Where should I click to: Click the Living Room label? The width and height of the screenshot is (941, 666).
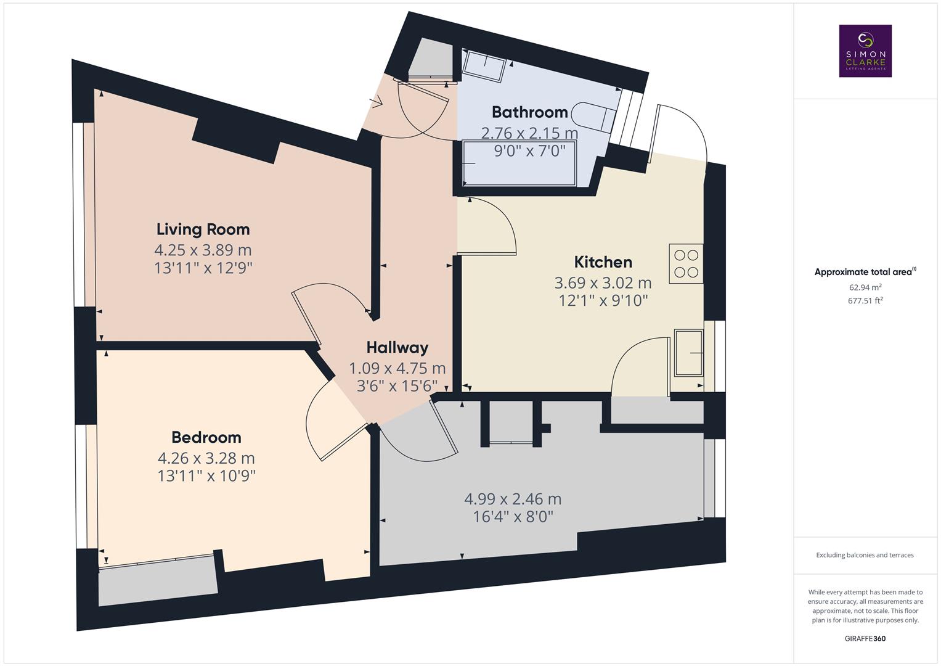tap(203, 229)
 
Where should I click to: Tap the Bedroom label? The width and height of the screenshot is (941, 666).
tap(206, 437)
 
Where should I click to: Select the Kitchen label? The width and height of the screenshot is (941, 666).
tap(603, 262)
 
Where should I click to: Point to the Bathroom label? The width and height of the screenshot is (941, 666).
tap(529, 112)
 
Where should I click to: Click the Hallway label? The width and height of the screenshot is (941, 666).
tap(397, 348)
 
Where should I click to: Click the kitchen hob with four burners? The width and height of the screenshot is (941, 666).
tap(686, 263)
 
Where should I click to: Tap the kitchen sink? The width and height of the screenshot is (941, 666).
tap(689, 353)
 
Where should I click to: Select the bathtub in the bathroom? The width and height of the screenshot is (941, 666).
tap(519, 163)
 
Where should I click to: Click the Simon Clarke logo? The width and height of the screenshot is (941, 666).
tap(865, 51)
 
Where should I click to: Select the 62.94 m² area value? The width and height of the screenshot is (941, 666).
tap(865, 287)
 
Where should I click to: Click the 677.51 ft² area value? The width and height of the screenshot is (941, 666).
tap(865, 301)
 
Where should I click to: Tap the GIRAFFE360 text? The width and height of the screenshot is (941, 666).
tap(865, 638)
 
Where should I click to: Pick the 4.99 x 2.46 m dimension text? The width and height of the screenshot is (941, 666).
tap(512, 499)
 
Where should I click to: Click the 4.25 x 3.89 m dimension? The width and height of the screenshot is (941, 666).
tap(203, 250)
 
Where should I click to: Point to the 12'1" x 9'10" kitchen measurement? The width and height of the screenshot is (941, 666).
tap(603, 300)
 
